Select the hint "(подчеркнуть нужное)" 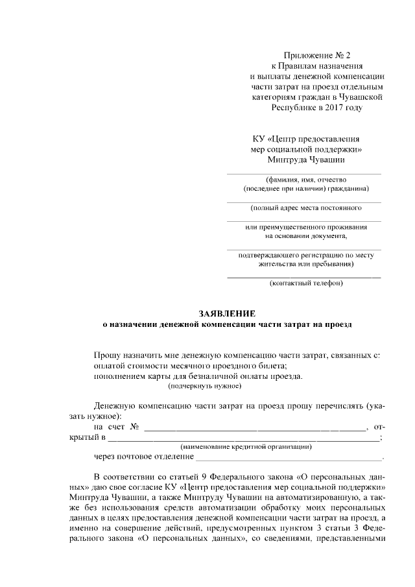[x=204, y=386]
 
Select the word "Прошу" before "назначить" [x=108, y=355]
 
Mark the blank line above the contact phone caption [x=303, y=277]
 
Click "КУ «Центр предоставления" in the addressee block [x=305, y=138]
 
